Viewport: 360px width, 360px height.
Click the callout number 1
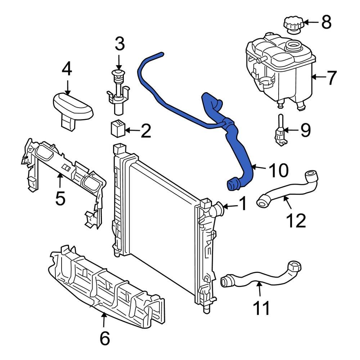243,204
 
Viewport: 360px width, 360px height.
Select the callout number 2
145,131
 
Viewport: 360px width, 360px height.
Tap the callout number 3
120,44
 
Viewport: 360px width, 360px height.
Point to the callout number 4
67,69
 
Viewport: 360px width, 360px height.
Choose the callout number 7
331,78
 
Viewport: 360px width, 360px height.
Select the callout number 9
305,130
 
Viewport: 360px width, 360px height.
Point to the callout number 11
261,308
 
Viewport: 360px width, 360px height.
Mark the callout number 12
296,220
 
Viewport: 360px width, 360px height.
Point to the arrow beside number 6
104,320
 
